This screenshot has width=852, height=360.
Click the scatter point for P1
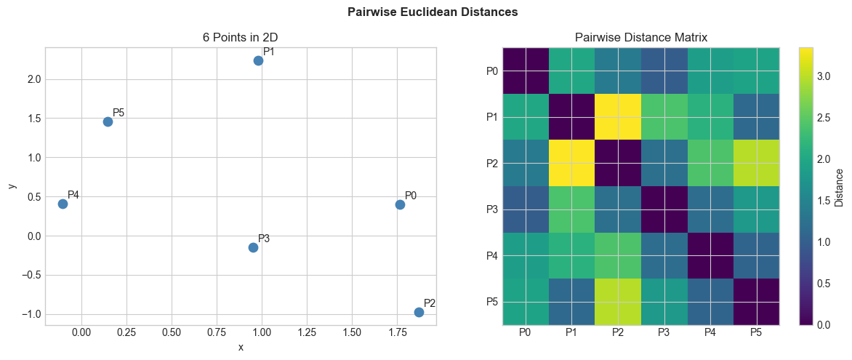pyautogui.click(x=258, y=60)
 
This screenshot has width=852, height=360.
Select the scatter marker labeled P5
pyautogui.click(x=108, y=121)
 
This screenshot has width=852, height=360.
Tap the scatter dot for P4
pyautogui.click(x=63, y=204)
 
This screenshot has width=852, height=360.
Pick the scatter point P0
pyautogui.click(x=400, y=204)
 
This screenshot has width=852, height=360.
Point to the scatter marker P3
pyautogui.click(x=253, y=247)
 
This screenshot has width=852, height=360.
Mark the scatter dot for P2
pyautogui.click(x=419, y=312)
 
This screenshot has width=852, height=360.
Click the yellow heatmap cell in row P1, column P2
pyautogui.click(x=618, y=116)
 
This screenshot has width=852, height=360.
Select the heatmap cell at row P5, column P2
pyautogui.click(x=618, y=301)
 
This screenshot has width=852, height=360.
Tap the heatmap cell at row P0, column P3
pyautogui.click(x=664, y=71)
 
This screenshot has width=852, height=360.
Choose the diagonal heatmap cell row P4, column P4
pyautogui.click(x=710, y=255)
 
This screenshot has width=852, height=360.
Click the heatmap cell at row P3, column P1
pyautogui.click(x=571, y=209)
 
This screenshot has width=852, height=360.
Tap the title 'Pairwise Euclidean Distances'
pyautogui.click(x=433, y=12)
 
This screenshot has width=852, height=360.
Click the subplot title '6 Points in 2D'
pyautogui.click(x=241, y=37)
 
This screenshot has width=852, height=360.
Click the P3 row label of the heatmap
pyautogui.click(x=491, y=209)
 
